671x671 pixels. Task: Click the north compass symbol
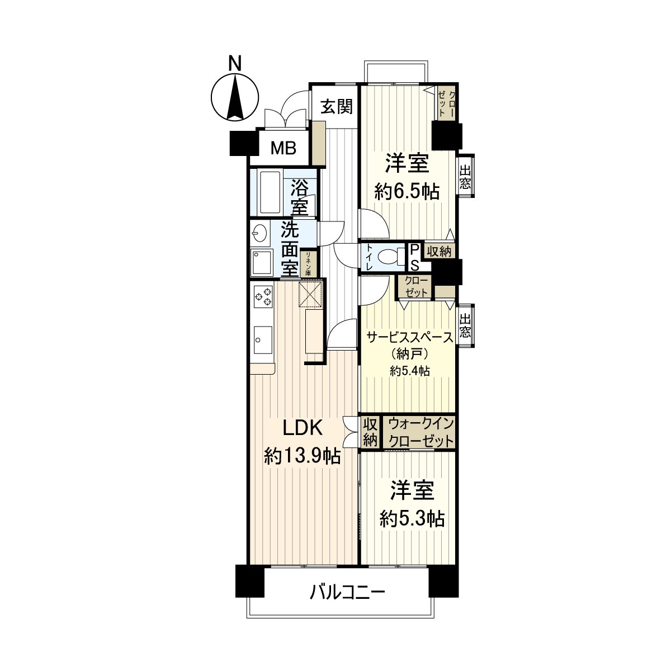pyautogui.click(x=235, y=96)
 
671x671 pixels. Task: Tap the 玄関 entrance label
pyautogui.click(x=337, y=106)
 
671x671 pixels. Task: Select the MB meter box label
pyautogui.click(x=283, y=148)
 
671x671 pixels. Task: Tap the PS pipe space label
pyautogui.click(x=415, y=257)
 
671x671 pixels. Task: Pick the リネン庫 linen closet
pyautogui.click(x=308, y=263)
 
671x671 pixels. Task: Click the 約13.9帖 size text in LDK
pyautogui.click(x=302, y=457)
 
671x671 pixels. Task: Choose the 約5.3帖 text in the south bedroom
pyautogui.click(x=412, y=519)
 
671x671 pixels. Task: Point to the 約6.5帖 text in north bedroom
pyautogui.click(x=407, y=192)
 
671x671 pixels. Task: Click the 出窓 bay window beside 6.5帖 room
pyautogui.click(x=465, y=175)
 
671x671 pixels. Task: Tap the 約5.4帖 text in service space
pyautogui.click(x=409, y=371)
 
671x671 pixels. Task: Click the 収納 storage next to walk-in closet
pyautogui.click(x=370, y=432)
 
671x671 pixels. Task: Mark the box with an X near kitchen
pyautogui.click(x=310, y=294)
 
